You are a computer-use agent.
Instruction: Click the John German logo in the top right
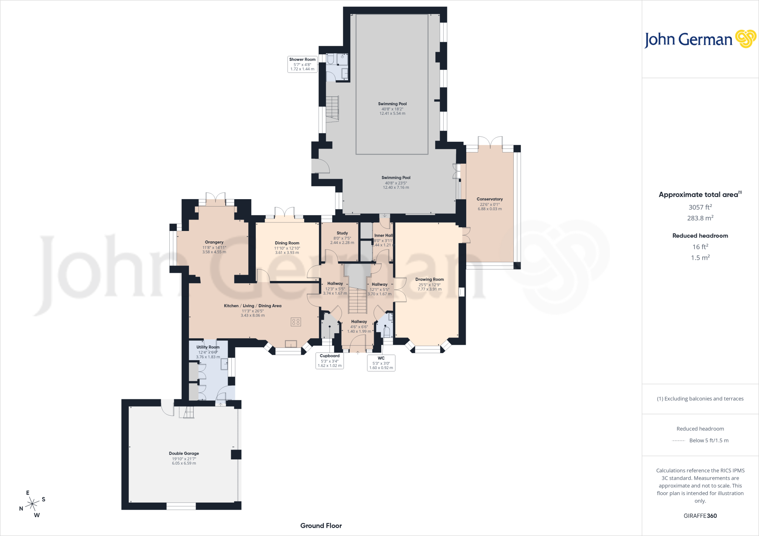[700, 39]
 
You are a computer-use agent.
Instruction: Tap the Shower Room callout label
[302, 64]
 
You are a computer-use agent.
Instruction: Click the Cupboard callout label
[329, 361]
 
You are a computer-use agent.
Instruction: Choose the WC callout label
[381, 363]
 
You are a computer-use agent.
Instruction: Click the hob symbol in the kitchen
[296, 322]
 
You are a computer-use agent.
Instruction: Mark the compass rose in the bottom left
[33, 503]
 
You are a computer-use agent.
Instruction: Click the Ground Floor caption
[321, 526]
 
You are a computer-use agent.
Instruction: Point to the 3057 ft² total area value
[700, 207]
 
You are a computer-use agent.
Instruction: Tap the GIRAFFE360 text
[700, 516]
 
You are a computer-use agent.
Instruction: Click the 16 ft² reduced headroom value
[700, 247]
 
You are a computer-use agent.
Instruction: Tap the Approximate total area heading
[700, 195]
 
